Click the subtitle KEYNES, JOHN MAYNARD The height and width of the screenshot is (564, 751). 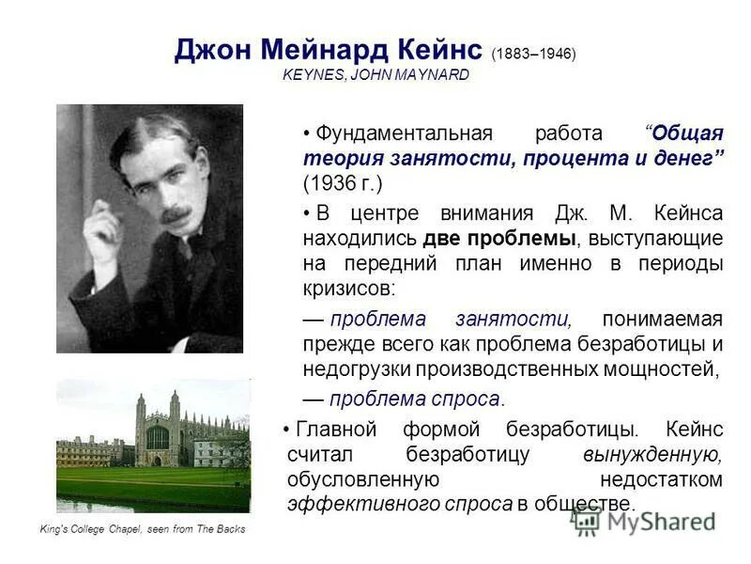coord(375,75)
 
